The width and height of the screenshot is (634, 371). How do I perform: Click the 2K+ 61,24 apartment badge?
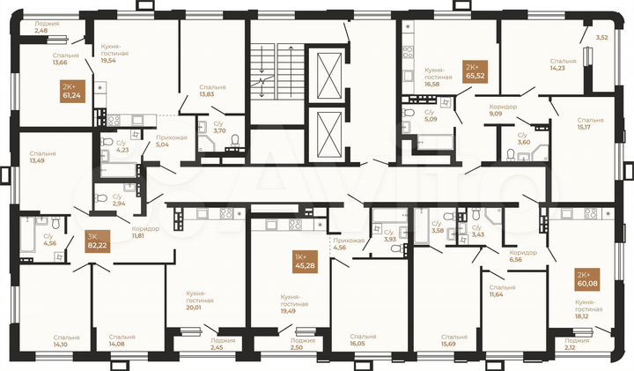(71, 90)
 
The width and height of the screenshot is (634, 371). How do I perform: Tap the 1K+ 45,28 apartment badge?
(306, 262)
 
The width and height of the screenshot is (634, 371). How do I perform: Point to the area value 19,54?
(108, 62)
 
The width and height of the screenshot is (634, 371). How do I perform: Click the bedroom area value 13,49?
(38, 160)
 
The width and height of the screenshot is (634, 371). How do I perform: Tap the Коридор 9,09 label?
(503, 111)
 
